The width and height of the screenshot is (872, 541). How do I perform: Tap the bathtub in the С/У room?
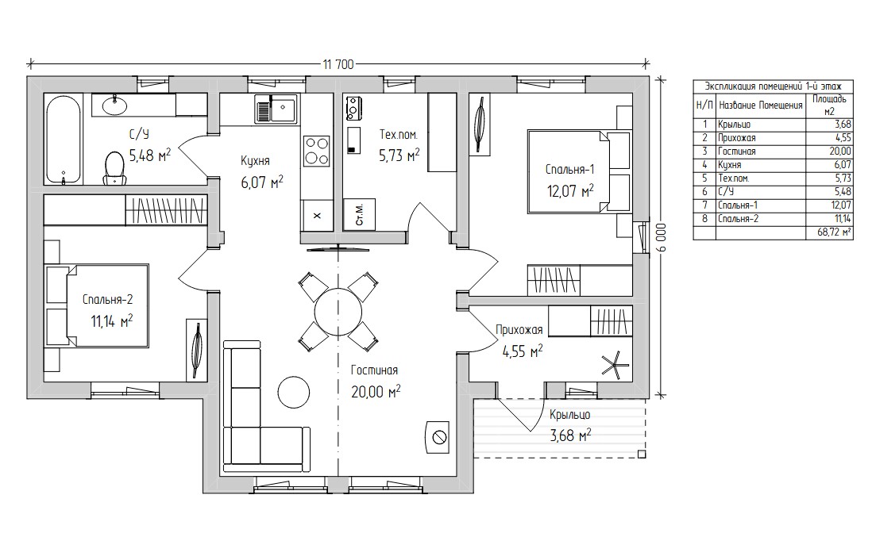point(64,140)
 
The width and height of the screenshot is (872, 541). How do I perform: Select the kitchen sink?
point(276,109)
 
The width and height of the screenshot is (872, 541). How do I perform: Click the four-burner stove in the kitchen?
point(316,151)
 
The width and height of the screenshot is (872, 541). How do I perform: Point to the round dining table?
point(338,312)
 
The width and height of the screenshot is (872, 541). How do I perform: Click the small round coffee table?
point(293,392)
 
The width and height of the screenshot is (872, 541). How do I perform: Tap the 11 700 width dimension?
point(338,65)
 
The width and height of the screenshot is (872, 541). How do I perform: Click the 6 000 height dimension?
point(662,238)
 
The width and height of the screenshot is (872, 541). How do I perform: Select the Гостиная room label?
point(374,370)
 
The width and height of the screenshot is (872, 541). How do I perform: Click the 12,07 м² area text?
point(570,192)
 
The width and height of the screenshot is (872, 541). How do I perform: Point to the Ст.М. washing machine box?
point(359,214)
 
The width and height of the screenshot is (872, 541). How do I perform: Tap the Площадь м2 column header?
point(829,105)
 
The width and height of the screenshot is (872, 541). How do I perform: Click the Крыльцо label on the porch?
point(570,414)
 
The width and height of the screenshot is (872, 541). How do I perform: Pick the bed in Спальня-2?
point(98,306)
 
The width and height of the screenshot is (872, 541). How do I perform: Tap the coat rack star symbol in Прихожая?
point(615,366)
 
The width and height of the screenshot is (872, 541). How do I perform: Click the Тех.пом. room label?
point(398,134)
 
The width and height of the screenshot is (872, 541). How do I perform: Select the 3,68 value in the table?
point(843,125)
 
